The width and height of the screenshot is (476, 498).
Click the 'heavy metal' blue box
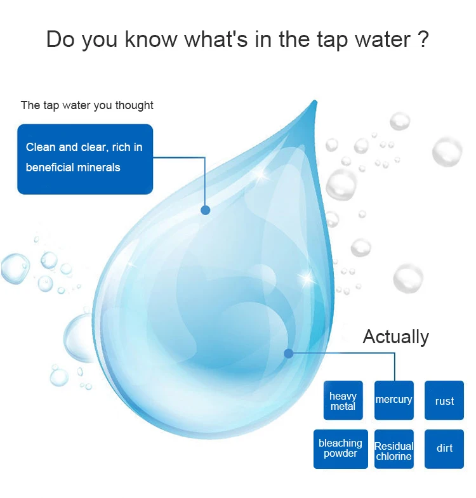(343, 400)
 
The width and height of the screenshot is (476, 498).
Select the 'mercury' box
(394, 400)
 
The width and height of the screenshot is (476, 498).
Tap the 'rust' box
(444, 400)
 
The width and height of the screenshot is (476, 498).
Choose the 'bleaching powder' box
(341, 449)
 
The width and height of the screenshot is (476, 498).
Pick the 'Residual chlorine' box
(394, 449)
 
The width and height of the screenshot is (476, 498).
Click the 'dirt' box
(444, 449)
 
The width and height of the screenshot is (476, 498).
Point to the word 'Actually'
(395, 337)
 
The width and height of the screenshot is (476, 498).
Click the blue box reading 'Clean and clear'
(85, 159)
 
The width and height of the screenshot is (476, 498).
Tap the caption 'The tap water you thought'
(87, 105)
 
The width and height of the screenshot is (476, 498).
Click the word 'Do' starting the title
(61, 39)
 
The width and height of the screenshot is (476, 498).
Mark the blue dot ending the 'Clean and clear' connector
(206, 210)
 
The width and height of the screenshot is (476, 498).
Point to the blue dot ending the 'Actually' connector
(289, 353)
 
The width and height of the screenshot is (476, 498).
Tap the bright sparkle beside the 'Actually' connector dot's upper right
(307, 278)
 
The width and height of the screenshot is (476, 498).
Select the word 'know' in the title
(151, 39)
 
